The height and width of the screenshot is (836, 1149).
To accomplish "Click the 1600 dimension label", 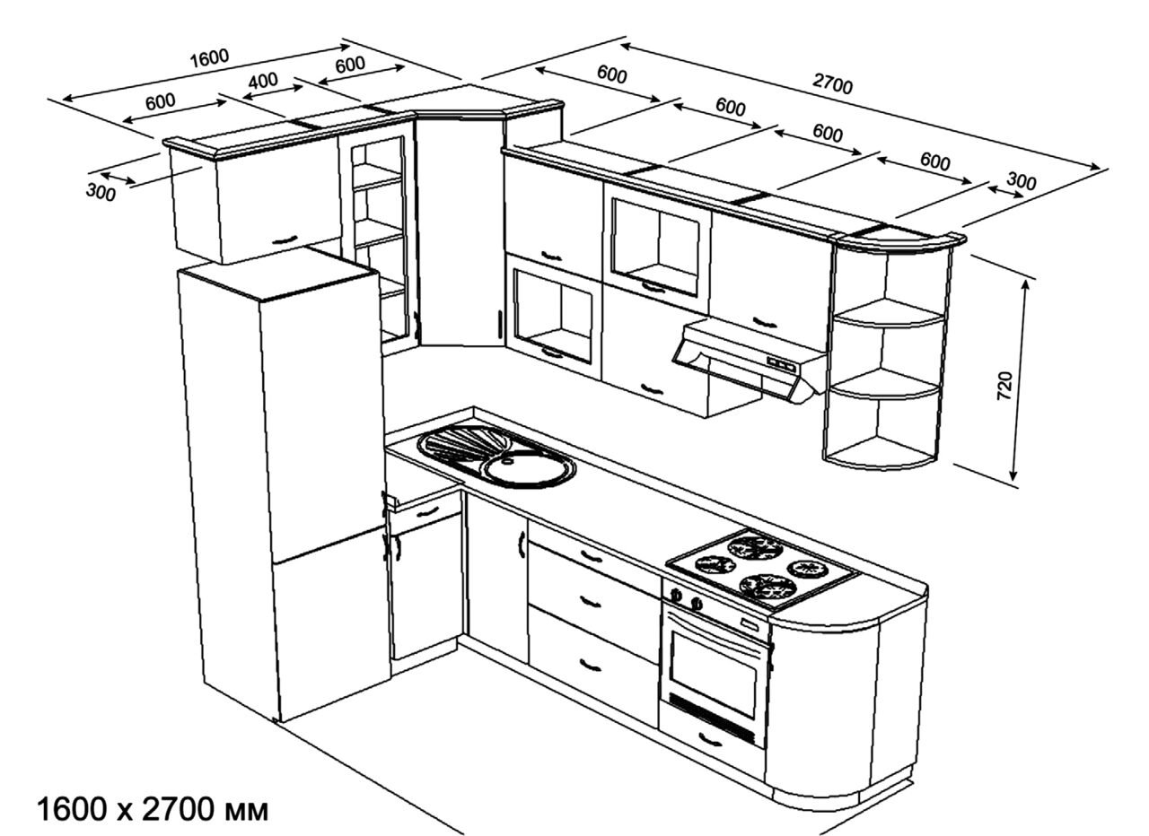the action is (x=209, y=58).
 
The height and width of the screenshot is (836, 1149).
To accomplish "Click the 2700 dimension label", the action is (x=832, y=83).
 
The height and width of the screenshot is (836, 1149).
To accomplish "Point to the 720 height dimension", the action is (x=1004, y=387).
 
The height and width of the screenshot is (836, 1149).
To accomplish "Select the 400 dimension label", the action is (x=263, y=81).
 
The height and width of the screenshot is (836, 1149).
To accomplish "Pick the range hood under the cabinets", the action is (x=749, y=360).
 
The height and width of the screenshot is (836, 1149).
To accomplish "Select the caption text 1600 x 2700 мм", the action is (x=153, y=810).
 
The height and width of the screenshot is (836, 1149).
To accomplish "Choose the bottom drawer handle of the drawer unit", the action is (x=590, y=666).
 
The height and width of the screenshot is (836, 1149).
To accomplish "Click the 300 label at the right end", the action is (x=1021, y=181).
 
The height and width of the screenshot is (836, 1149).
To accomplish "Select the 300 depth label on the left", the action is (x=101, y=192).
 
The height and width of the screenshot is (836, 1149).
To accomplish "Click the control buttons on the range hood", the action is (x=781, y=364).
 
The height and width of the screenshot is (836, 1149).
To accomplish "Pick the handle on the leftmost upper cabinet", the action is (x=284, y=239).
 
